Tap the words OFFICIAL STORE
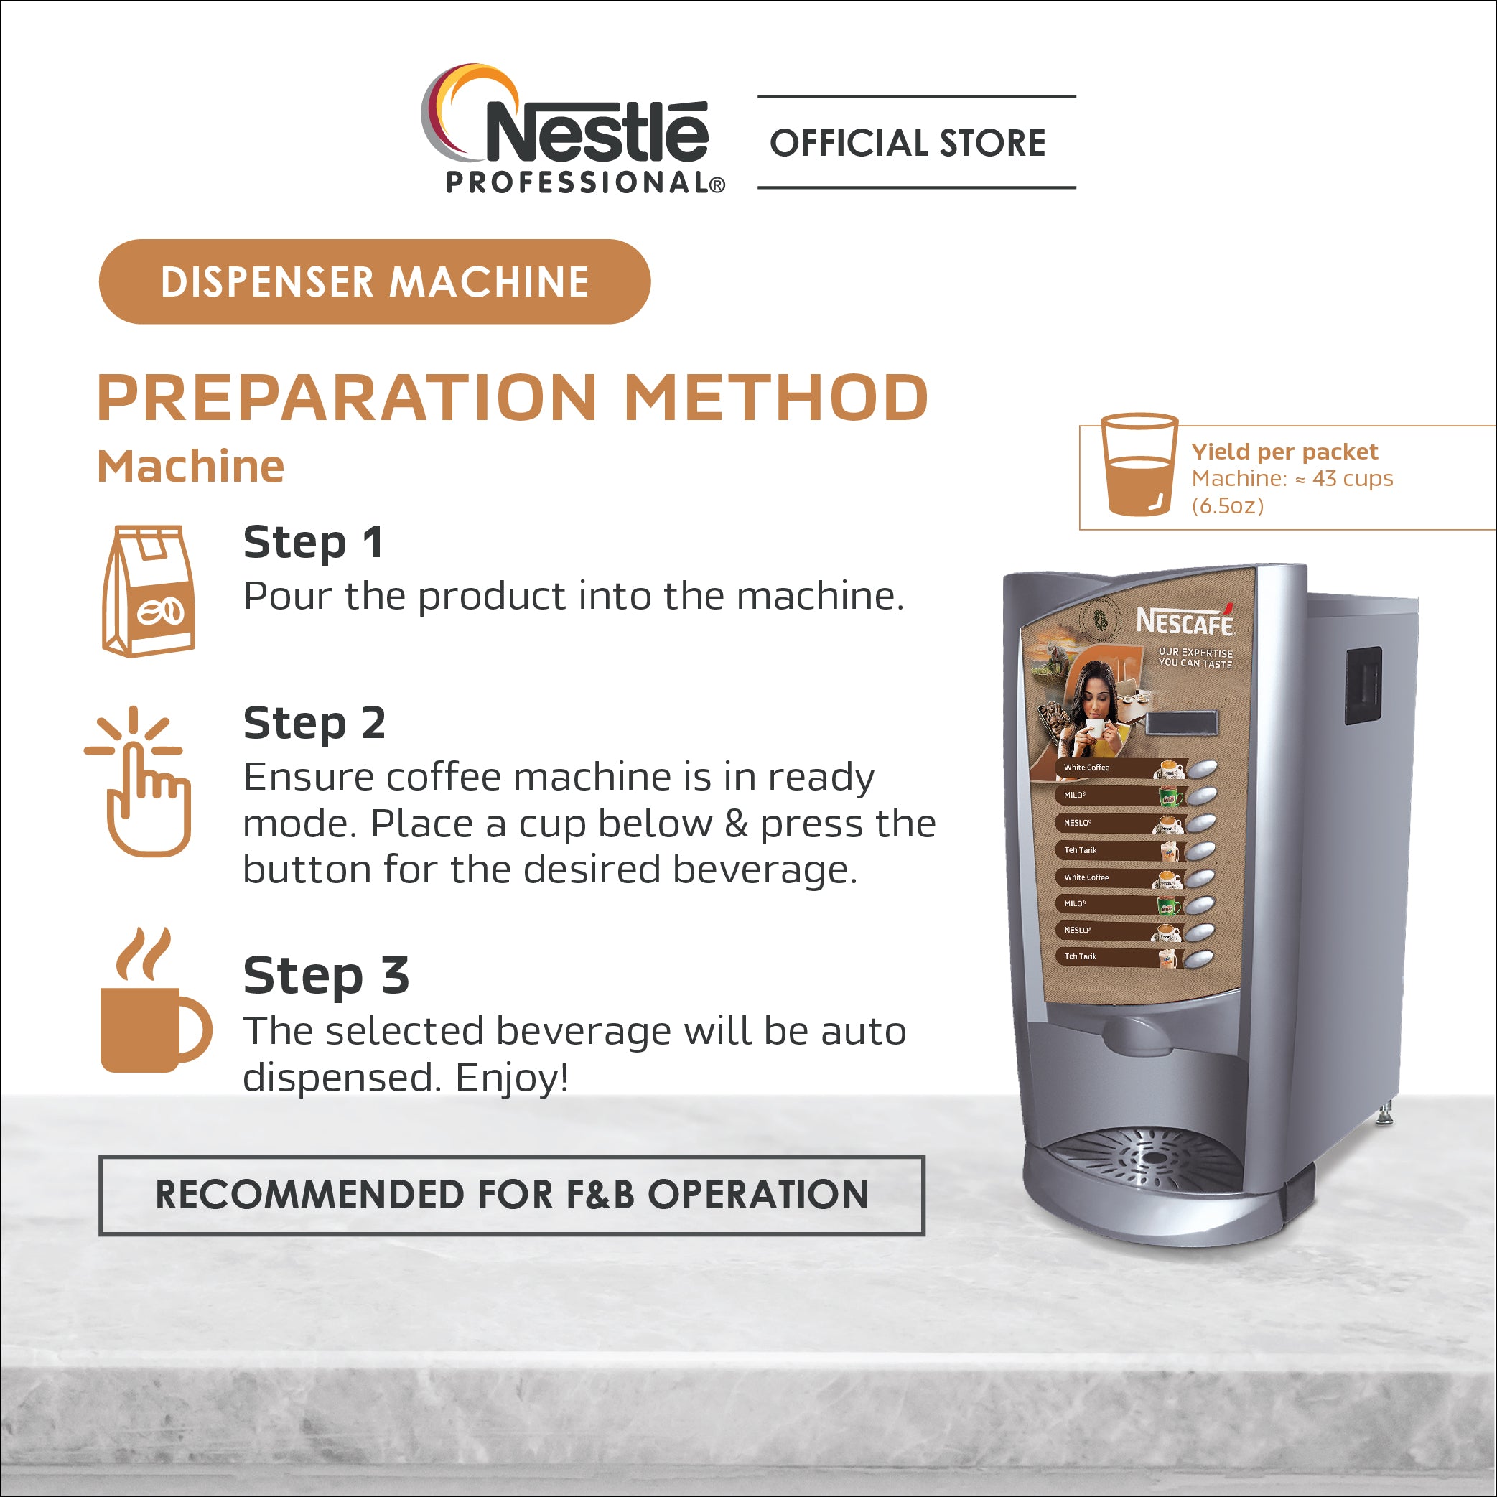[908, 144]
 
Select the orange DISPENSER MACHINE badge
[374, 281]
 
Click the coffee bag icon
[148, 590]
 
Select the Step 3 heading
[326, 975]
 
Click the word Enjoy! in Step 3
[512, 1078]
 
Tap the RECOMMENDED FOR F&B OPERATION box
[511, 1195]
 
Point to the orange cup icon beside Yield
[1139, 465]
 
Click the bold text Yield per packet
[1284, 451]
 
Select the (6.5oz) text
[1227, 505]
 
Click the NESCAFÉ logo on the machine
[1185, 620]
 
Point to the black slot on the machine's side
[1363, 686]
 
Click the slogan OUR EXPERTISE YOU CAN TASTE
[1195, 658]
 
